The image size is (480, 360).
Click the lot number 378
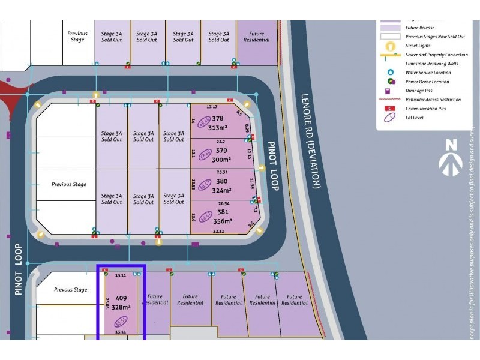click(x=217, y=119)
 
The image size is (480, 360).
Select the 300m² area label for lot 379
click(x=221, y=160)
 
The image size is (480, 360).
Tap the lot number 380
click(x=221, y=181)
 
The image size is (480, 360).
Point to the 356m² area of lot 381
click(x=221, y=221)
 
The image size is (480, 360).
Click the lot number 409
click(x=121, y=297)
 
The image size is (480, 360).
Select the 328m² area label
click(x=121, y=307)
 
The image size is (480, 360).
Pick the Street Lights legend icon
click(x=391, y=46)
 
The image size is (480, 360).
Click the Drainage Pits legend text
click(x=419, y=91)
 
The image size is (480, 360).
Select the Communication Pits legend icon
click(x=391, y=109)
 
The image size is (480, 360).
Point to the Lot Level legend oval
click(x=391, y=118)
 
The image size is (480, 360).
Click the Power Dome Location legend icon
click(x=391, y=82)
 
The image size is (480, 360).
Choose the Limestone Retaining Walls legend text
click(x=431, y=64)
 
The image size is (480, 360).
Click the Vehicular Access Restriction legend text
click(x=433, y=100)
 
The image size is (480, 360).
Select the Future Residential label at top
click(x=256, y=37)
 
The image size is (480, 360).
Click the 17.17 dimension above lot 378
click(x=212, y=107)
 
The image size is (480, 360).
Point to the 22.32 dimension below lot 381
click(x=218, y=232)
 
